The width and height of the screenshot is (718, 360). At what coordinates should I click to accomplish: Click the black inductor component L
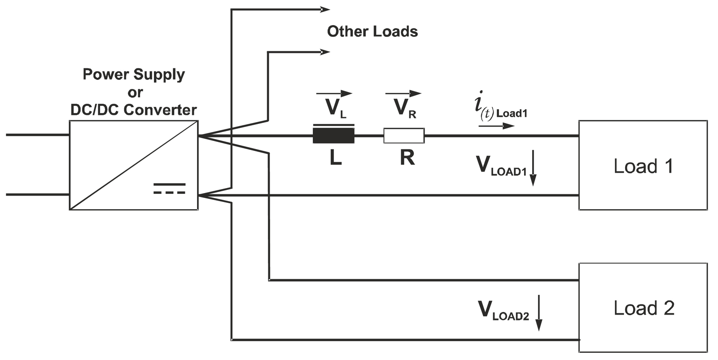[334, 135]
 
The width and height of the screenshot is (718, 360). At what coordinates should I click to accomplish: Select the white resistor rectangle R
[404, 136]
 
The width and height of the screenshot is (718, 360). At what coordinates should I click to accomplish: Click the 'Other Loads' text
[372, 31]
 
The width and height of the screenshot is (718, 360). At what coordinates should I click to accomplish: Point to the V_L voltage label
[336, 109]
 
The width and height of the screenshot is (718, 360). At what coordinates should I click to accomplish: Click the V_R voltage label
[405, 109]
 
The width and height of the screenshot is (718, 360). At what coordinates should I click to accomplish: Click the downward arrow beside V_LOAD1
[533, 168]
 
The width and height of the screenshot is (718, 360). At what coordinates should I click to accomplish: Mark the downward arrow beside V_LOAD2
[539, 313]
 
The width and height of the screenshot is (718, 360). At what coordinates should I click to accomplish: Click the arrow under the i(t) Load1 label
[497, 126]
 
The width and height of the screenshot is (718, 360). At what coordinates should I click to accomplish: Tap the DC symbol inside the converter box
[169, 189]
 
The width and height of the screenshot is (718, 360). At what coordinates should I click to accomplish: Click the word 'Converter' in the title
[160, 110]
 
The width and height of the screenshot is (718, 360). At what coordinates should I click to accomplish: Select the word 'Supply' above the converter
[159, 75]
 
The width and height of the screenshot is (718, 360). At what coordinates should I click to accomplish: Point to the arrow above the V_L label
[334, 94]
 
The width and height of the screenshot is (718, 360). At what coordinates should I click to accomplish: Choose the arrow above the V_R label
[403, 94]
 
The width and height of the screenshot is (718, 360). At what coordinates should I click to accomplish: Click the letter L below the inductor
[336, 158]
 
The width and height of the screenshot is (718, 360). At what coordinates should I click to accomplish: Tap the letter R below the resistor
[407, 158]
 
